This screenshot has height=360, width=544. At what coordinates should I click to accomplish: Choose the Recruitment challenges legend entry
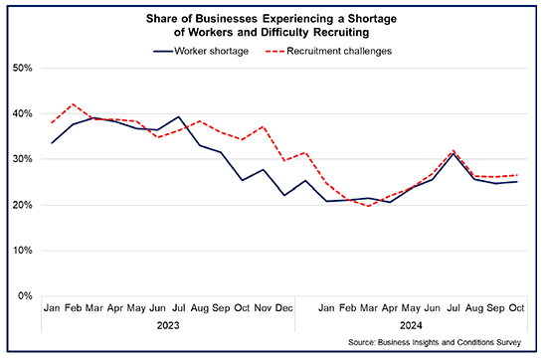point(338,49)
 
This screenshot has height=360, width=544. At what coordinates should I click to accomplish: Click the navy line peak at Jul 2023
point(178,116)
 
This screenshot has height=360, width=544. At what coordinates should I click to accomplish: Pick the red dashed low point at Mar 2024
point(368,206)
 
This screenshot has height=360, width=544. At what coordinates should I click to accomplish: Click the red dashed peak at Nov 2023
point(264,127)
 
